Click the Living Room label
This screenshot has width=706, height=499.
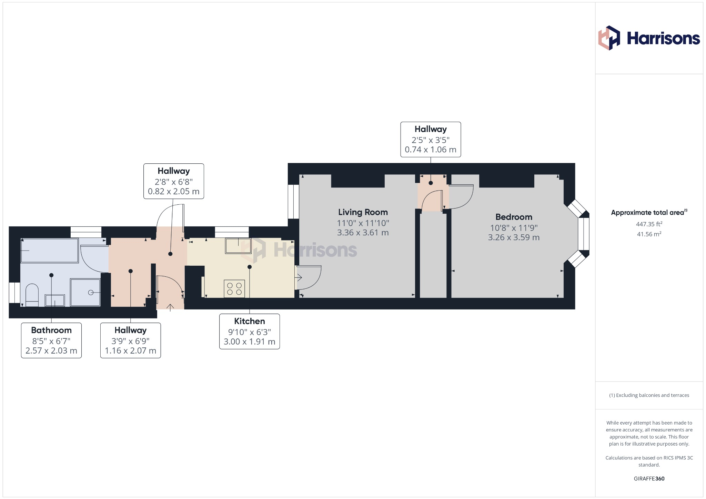click(363, 212)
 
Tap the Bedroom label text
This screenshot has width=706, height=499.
click(514, 217)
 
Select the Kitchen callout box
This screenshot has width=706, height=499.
click(249, 331)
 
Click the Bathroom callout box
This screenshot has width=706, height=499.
click(51, 340)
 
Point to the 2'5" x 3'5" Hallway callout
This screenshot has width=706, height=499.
click(431, 140)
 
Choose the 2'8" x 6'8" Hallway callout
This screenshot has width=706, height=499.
click(174, 181)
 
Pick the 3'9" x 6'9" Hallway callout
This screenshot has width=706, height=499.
click(130, 340)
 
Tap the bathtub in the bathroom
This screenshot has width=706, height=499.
click(50, 251)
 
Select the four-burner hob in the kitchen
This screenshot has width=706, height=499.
click(234, 289)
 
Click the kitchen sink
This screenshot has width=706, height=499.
click(238, 246)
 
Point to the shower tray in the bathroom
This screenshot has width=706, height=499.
click(85, 292)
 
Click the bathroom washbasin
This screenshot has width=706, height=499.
click(55, 301)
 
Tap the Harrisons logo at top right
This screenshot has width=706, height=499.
click(649, 38)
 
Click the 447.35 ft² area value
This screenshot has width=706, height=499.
click(649, 224)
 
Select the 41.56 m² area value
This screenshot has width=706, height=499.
click(649, 234)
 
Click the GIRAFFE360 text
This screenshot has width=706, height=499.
click(649, 478)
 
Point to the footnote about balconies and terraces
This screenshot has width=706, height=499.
click(649, 395)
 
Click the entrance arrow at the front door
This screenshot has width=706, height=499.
click(170, 307)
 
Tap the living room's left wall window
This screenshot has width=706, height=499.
click(293, 202)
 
